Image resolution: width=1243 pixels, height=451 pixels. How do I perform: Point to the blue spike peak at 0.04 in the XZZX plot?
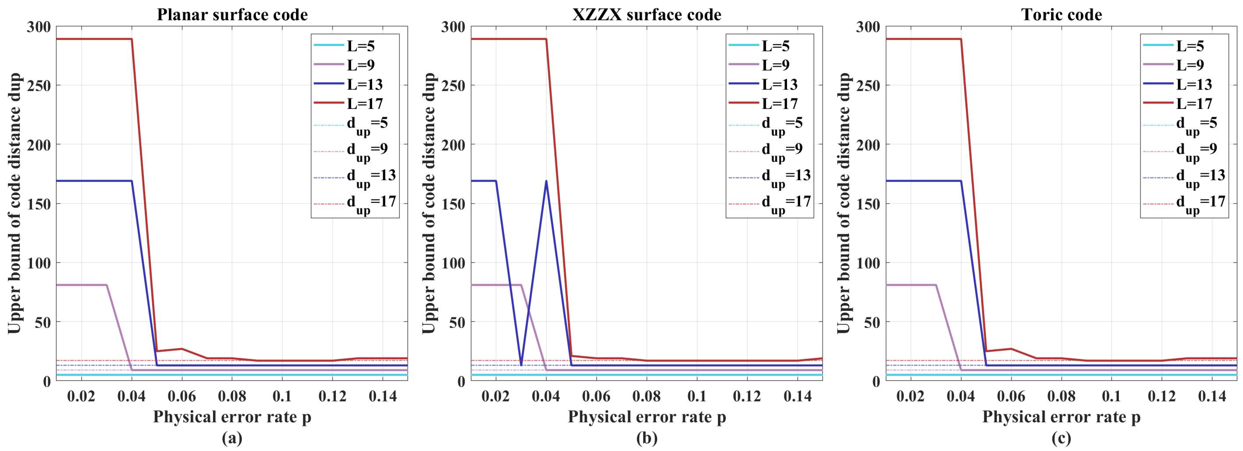pos(546,181)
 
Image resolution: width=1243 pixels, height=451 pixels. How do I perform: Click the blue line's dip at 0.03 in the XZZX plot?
pos(521,365)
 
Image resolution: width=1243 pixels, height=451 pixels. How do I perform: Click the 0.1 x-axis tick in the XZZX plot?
pos(697,396)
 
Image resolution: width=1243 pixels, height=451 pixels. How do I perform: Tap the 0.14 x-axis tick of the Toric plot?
pos(1212,396)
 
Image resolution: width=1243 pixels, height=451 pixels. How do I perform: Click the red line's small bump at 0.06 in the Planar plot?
pos(182,349)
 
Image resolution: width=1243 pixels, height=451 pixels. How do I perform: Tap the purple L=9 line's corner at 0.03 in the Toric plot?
pos(936,285)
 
